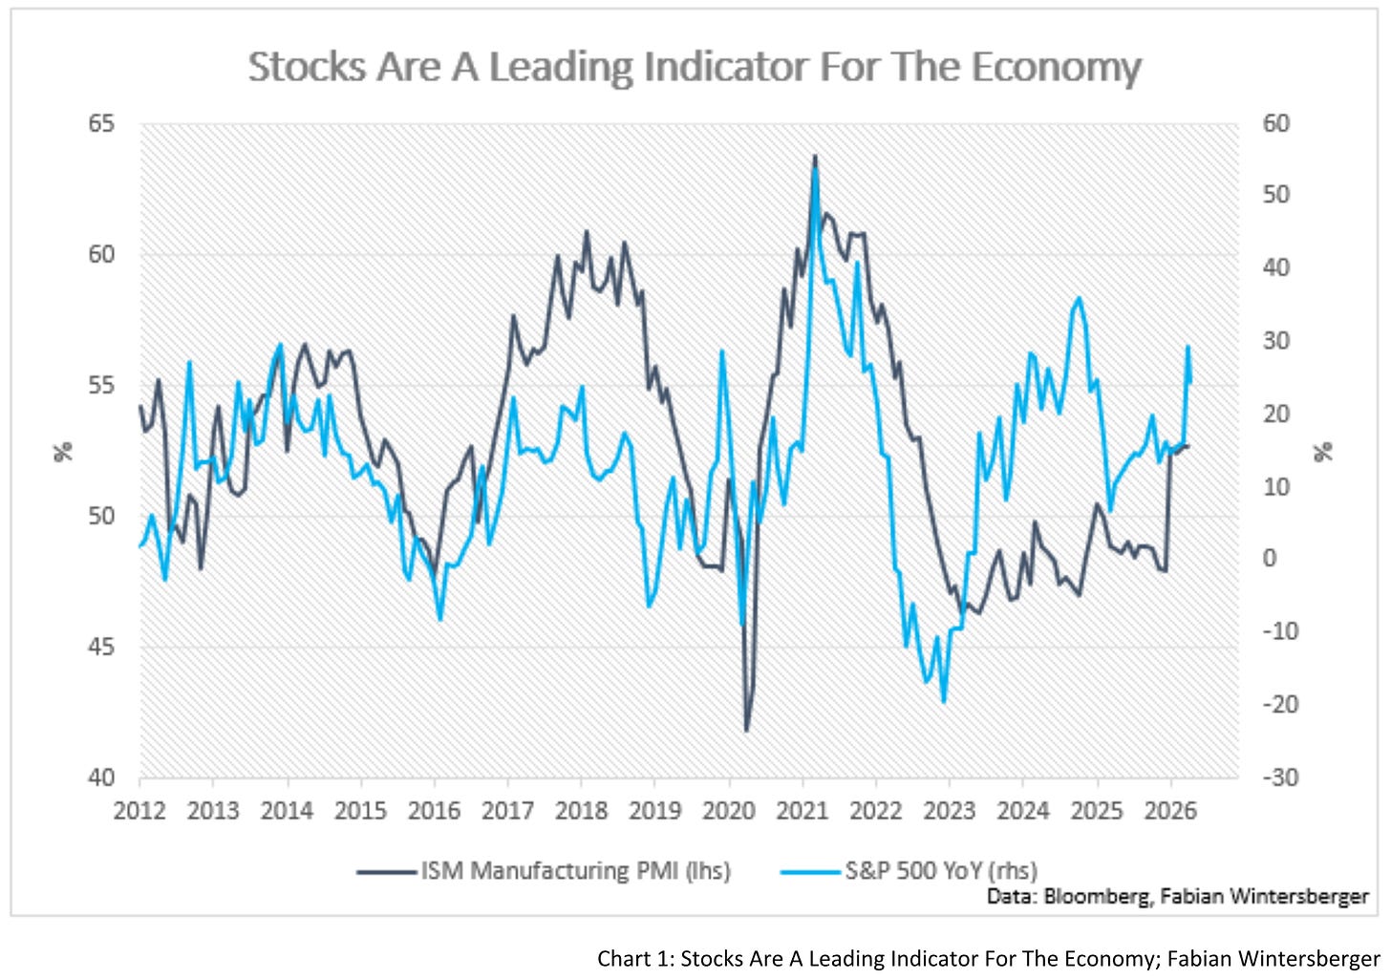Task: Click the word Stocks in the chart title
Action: (307, 67)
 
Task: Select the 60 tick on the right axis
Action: (1276, 123)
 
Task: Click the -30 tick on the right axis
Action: (1280, 777)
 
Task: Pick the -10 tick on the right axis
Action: (1280, 631)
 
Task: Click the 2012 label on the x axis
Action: (139, 811)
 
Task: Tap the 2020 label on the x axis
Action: (728, 811)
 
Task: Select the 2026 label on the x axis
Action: (1170, 811)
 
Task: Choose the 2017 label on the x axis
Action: (507, 811)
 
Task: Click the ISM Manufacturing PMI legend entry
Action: (544, 871)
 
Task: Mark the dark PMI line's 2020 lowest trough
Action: (746, 731)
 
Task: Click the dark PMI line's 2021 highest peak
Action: (815, 156)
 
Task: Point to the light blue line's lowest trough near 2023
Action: (944, 702)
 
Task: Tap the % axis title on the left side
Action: (63, 452)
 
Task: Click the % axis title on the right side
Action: (1323, 452)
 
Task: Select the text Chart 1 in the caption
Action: (633, 959)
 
